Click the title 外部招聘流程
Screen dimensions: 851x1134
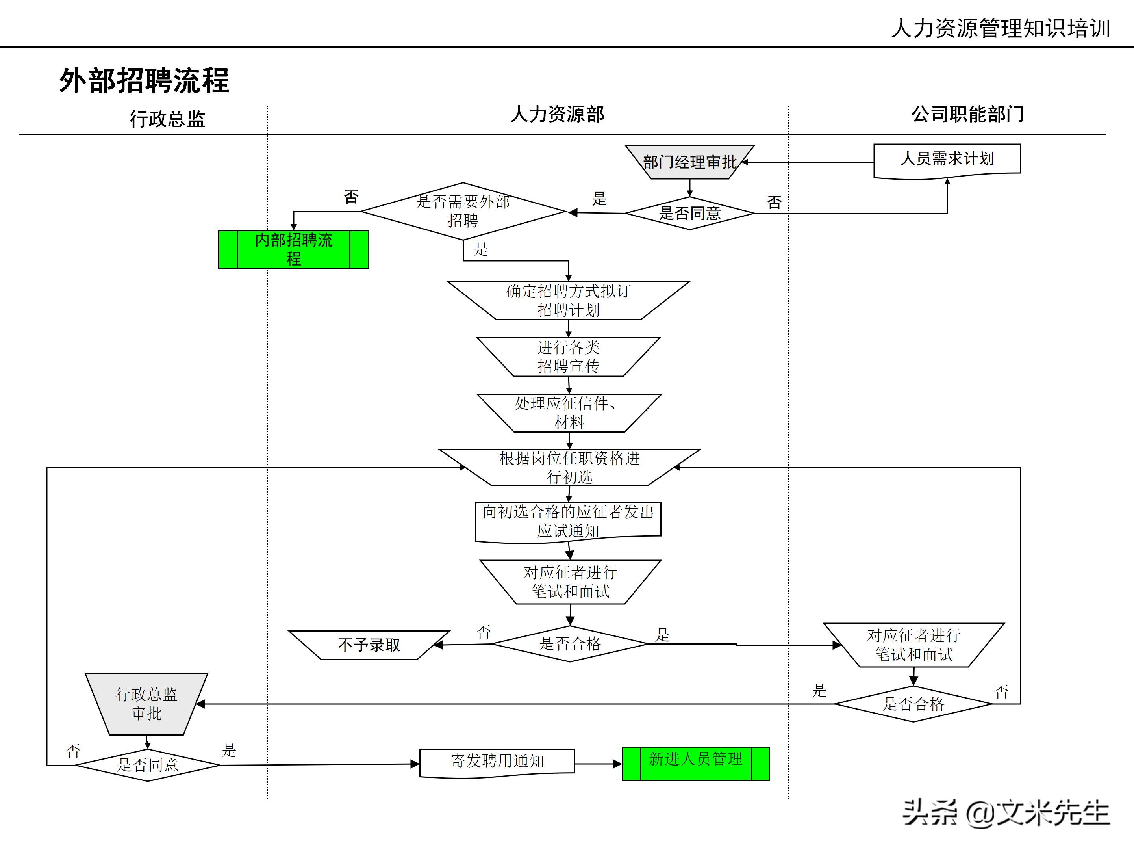pos(144,80)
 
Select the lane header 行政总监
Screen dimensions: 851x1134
pos(167,119)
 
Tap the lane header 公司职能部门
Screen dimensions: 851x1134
pos(967,114)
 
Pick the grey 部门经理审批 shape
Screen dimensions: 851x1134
pos(689,162)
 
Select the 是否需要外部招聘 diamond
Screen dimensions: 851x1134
pos(463,211)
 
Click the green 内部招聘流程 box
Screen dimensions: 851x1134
pos(293,249)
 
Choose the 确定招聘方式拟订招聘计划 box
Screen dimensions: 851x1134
pos(568,301)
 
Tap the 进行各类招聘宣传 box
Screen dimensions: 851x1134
pos(568,357)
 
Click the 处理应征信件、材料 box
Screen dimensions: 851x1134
pos(569,413)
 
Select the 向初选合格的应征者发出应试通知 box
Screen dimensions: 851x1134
pos(568,521)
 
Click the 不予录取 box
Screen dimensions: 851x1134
pos(369,645)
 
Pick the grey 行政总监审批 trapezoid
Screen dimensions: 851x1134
pos(146,704)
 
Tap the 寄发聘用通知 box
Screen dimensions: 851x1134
pos(497,762)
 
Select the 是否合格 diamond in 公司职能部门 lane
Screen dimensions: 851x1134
pos(913,704)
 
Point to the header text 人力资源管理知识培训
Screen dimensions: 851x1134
pos(1000,28)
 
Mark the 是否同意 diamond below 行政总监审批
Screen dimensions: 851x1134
pos(148,765)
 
